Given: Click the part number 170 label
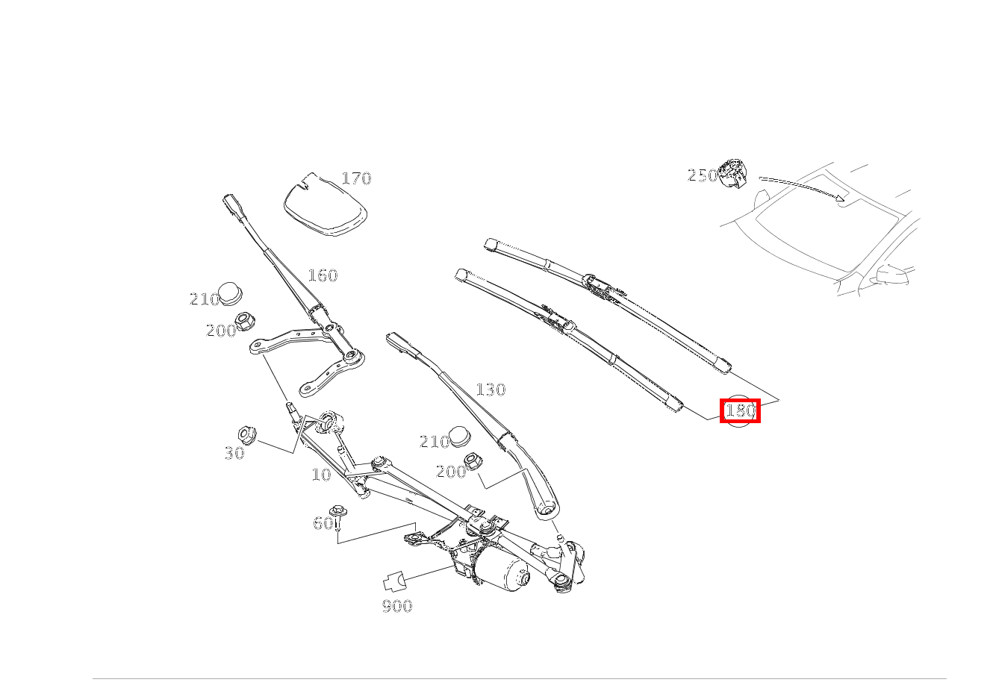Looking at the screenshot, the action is (x=357, y=178).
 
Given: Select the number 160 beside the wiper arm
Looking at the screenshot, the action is (x=323, y=275).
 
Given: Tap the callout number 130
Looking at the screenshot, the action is (x=491, y=390).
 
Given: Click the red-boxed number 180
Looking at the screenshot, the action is (x=741, y=411).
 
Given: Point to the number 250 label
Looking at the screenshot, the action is (x=703, y=176).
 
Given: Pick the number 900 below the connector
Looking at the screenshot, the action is (x=397, y=606).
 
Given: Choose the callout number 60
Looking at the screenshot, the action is (x=323, y=523).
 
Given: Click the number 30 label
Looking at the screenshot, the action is (x=234, y=453).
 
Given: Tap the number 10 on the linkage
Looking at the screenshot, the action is (x=321, y=475).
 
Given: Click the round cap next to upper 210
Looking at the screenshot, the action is (x=231, y=293).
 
